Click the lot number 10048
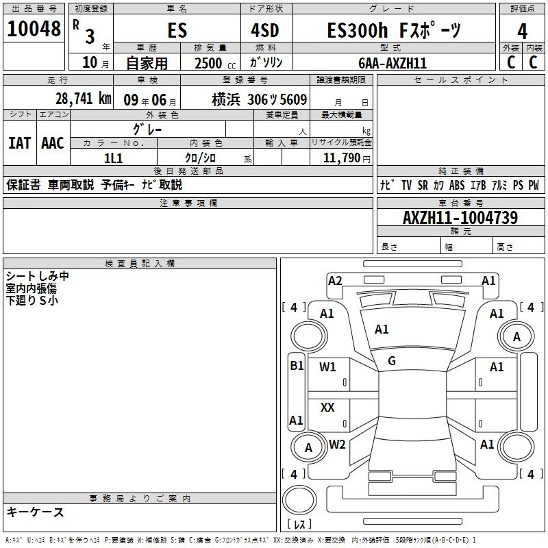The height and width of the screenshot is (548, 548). point(34,29)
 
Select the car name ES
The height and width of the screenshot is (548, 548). point(177,31)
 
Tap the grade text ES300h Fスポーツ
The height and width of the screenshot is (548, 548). point(393,31)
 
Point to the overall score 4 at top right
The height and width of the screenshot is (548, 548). point(522,31)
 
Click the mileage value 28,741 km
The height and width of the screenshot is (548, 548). point(83,99)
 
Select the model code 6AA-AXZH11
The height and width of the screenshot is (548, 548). point(393,63)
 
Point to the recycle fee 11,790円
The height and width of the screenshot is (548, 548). point(341,158)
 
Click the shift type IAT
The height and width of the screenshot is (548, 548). point(19,143)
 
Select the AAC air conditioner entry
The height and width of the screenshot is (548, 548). point(52,143)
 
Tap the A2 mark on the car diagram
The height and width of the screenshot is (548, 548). point(335,280)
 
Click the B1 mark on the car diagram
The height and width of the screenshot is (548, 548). point(296,366)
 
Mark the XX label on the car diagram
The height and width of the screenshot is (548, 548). point(327,408)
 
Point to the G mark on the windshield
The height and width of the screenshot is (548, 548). point(392,360)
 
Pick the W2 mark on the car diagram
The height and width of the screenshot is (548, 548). point(337,445)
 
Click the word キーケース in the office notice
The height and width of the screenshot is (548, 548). point(36,512)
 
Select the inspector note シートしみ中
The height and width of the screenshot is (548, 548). point(37,276)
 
